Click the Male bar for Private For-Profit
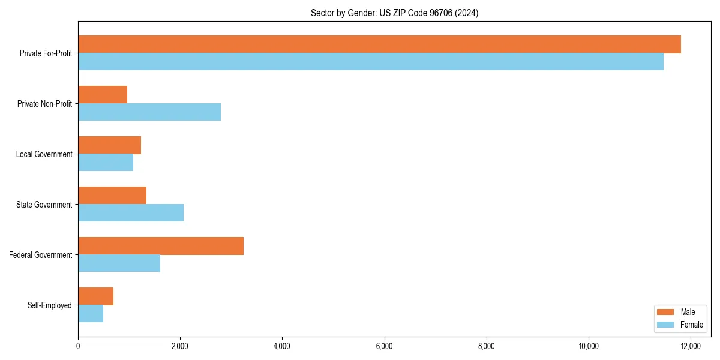(x=379, y=44)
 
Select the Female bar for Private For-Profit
(x=371, y=62)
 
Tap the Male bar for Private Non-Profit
(x=103, y=95)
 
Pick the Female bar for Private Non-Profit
(x=149, y=112)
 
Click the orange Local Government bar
(x=109, y=145)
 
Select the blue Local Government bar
(x=106, y=163)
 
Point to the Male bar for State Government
(x=112, y=196)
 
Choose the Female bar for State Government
(x=131, y=213)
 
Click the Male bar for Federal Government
(x=161, y=246)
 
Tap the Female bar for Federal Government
(x=119, y=263)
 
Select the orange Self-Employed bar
(x=95, y=296)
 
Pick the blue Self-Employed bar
(x=91, y=314)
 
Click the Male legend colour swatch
(x=665, y=312)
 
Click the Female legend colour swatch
(x=665, y=325)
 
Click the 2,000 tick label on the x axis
(x=180, y=346)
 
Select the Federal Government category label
(x=41, y=255)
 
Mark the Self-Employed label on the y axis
(x=50, y=305)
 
